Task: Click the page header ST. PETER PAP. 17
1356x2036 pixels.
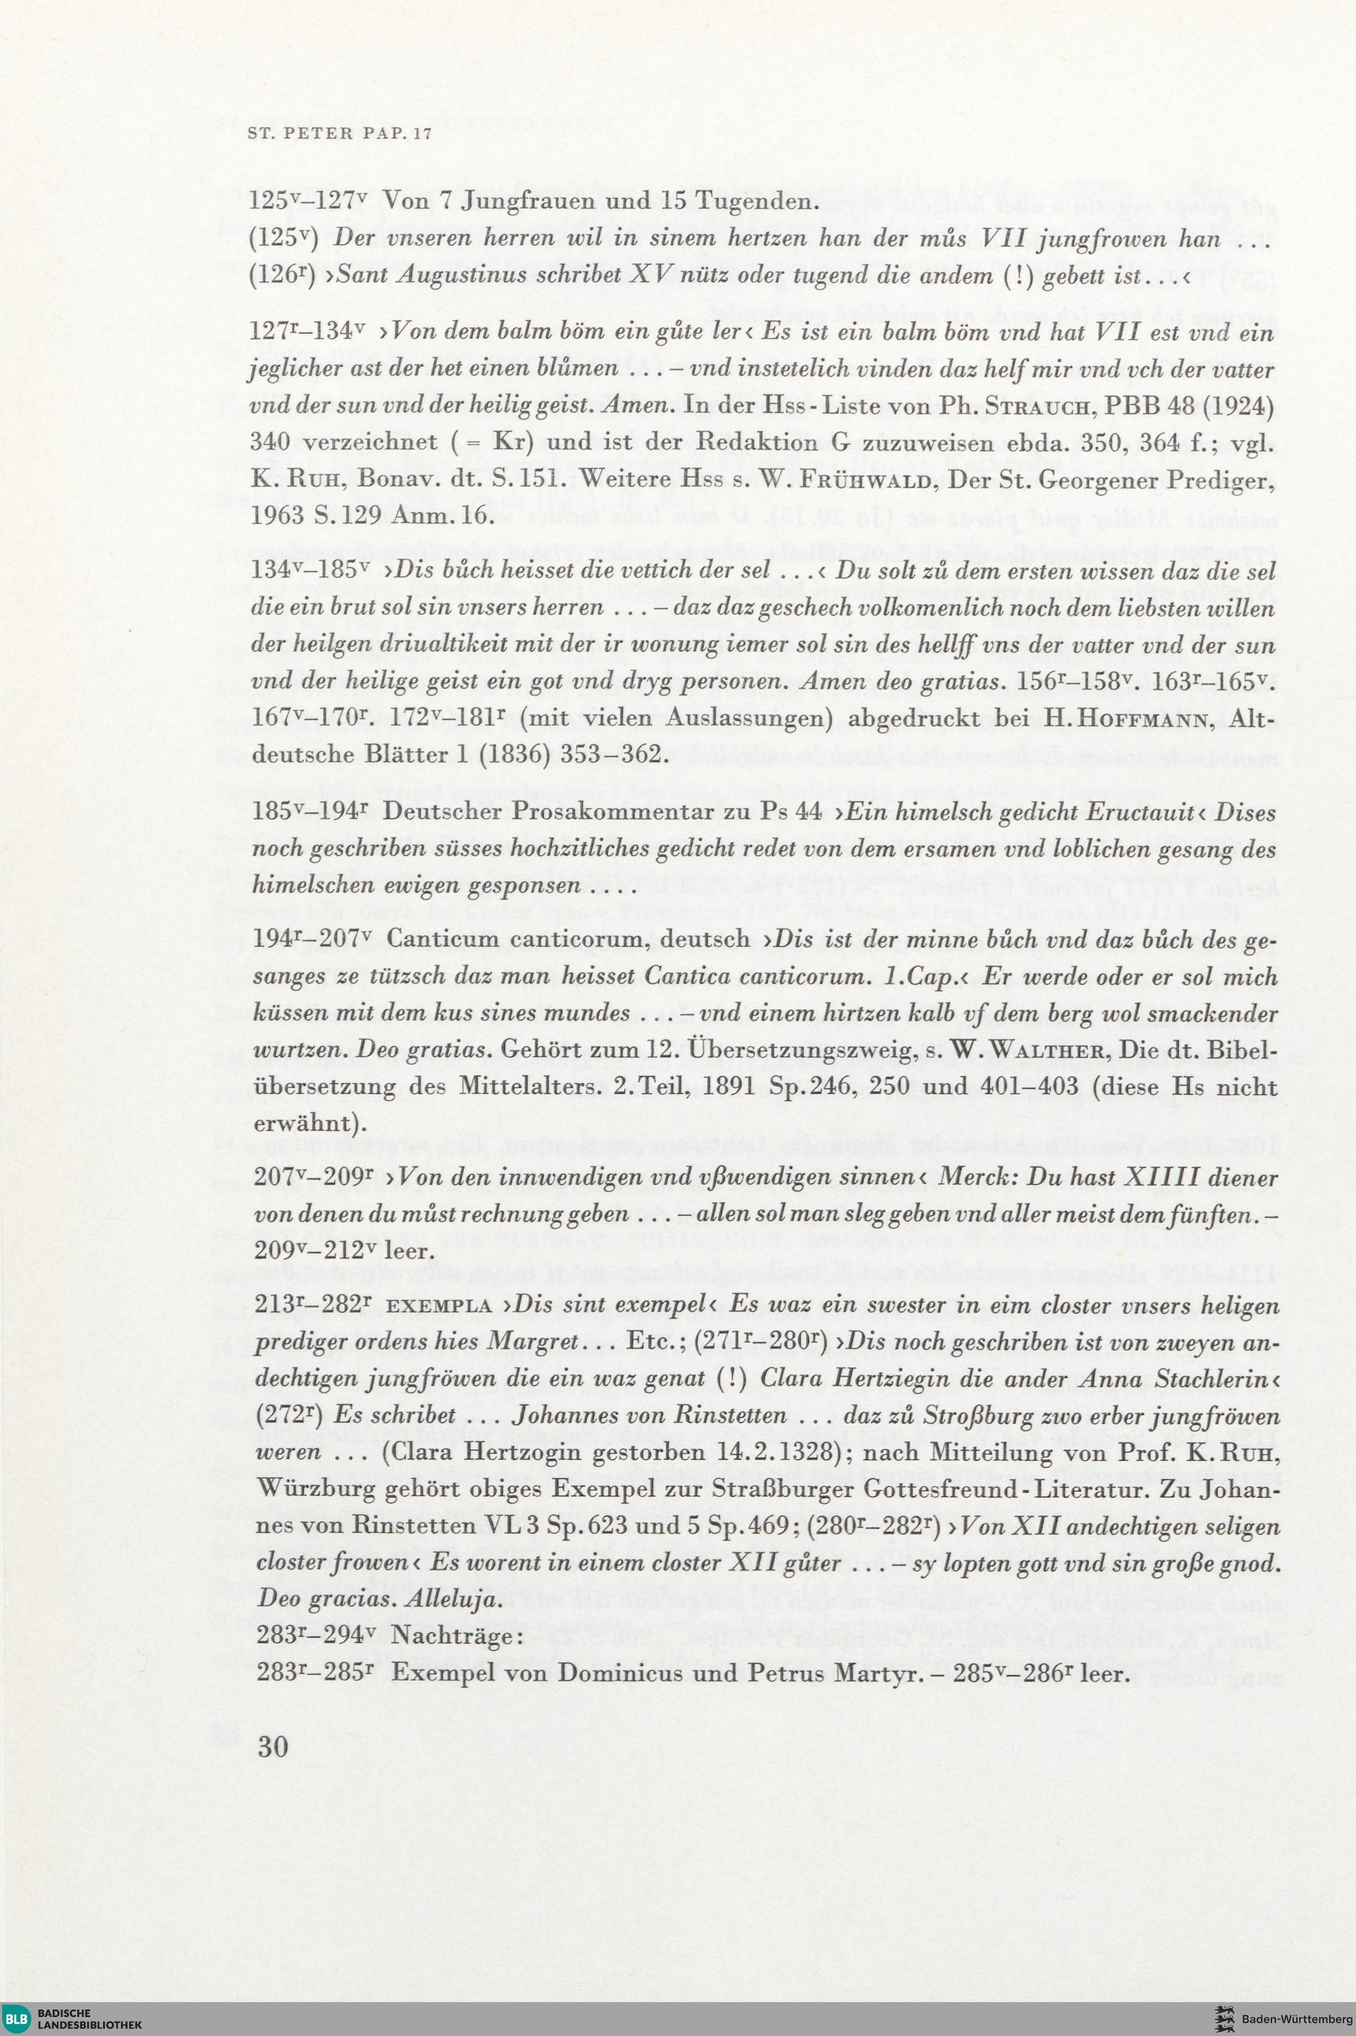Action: coord(339,136)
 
